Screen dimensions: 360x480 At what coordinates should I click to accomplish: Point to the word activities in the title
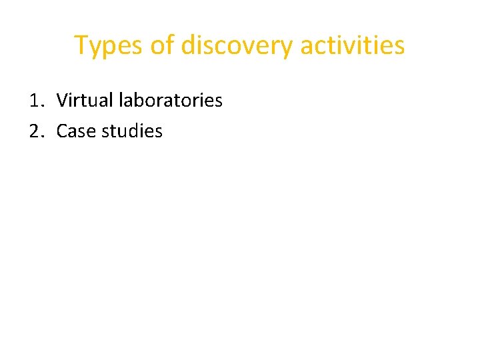(x=352, y=45)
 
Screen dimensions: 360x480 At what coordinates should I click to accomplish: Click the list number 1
(x=36, y=101)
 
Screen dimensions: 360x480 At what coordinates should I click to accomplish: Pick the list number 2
(x=36, y=131)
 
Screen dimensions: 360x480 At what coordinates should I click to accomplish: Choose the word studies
(x=133, y=131)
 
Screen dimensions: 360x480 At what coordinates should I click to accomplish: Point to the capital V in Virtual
(x=61, y=101)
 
